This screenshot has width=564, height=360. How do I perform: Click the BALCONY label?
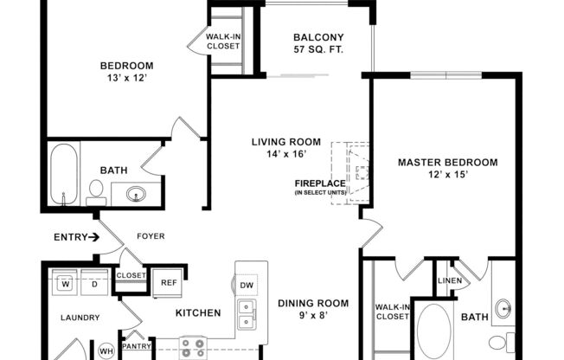point(318,37)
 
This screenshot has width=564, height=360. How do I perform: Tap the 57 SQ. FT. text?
point(318,49)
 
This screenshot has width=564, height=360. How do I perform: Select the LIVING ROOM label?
point(285,142)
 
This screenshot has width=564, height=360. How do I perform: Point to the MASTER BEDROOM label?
point(447,162)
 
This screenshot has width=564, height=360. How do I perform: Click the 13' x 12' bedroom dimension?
point(126,78)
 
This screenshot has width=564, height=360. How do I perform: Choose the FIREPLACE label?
point(319,183)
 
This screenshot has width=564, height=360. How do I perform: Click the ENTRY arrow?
point(93,236)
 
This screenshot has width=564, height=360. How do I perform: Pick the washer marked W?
point(65,281)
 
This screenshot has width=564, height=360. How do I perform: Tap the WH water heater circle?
point(106,350)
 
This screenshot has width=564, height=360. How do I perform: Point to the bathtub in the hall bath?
point(62,177)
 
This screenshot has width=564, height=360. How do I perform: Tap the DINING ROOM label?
point(313,303)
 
